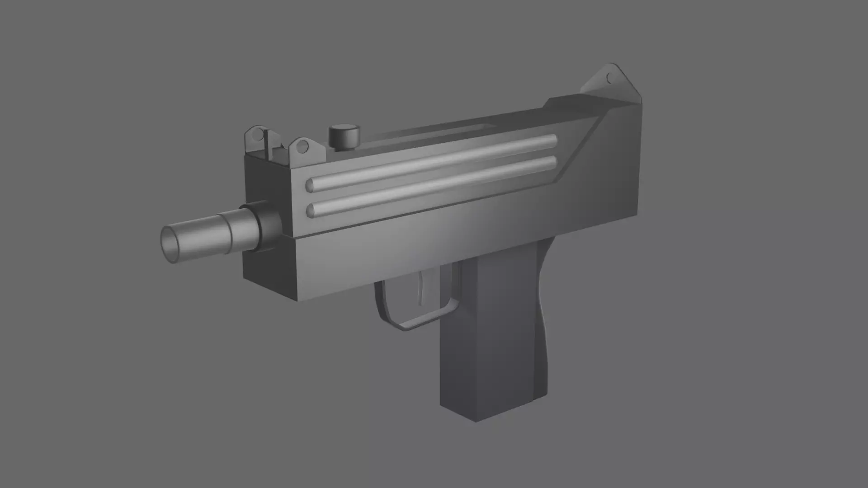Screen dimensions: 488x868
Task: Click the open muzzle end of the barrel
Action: pos(171,244)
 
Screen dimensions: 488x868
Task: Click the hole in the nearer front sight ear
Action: pos(302,146)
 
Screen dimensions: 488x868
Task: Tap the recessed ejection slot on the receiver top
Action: pos(479,128)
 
